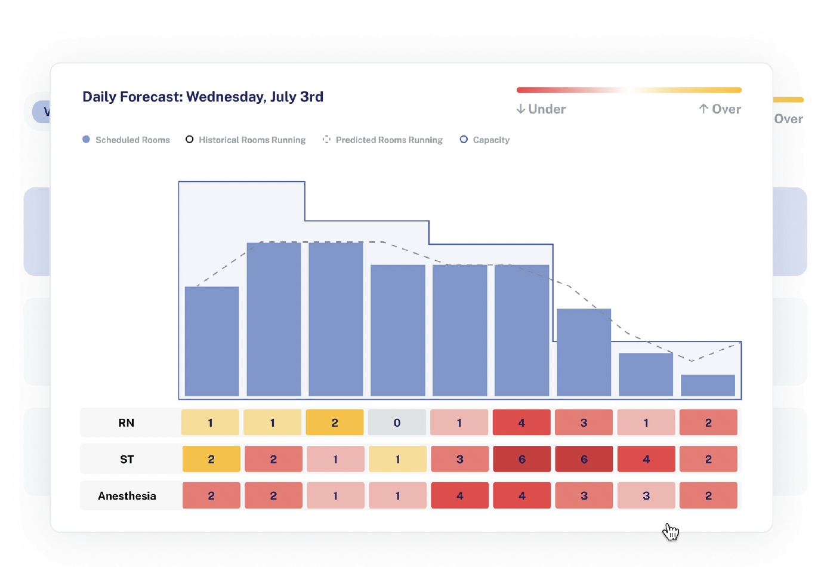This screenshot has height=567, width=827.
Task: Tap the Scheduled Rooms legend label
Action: (132, 140)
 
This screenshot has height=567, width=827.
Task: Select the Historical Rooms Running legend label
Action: (252, 140)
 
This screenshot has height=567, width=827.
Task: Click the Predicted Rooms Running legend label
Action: (389, 140)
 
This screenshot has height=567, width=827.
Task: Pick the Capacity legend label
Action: (491, 140)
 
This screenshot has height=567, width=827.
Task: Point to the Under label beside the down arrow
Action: (547, 109)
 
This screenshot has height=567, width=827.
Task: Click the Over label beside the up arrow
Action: (726, 109)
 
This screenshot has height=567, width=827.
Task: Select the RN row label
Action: (126, 423)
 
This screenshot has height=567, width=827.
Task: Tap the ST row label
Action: (127, 459)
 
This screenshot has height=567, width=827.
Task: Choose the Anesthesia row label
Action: (127, 496)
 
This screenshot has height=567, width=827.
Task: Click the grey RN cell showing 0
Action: (397, 423)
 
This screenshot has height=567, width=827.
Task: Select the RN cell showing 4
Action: (521, 423)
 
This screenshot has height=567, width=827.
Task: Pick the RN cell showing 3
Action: (584, 423)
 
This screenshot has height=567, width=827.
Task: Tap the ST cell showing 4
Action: (646, 459)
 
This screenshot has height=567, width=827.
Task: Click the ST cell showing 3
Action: (459, 459)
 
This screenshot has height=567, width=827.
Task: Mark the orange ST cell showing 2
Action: (211, 459)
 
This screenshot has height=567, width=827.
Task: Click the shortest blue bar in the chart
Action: (708, 385)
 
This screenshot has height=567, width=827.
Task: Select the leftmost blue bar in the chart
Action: (212, 341)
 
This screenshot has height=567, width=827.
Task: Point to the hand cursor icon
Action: (671, 531)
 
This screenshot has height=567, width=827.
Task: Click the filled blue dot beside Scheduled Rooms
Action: (86, 139)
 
